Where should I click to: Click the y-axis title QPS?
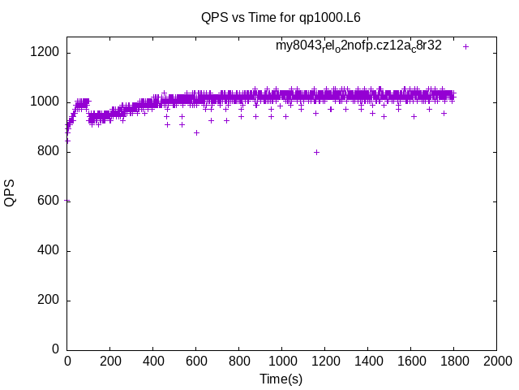pos(11,193)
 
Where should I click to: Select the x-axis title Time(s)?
pos(281,379)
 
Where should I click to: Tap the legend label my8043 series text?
pos(358,45)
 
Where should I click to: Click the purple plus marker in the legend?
pos(465,46)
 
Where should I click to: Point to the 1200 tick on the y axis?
pos(44,53)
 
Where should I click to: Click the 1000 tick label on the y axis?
pos(44,102)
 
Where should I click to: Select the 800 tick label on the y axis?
pos(47,152)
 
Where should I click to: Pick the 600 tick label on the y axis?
pos(47,201)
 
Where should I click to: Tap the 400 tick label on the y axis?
pos(47,251)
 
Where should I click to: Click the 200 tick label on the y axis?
pos(47,301)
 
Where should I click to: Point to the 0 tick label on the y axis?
pos(54,350)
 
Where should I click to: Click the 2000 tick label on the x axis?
pos(496,361)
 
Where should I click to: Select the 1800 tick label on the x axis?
pos(453,361)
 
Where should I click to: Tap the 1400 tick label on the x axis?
pos(367,361)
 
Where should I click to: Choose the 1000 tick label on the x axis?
pos(281,361)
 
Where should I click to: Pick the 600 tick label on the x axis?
pos(195,361)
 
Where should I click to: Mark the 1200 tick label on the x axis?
pos(324,361)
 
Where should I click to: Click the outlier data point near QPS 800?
pos(316,152)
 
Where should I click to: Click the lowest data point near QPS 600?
pos(67,201)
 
